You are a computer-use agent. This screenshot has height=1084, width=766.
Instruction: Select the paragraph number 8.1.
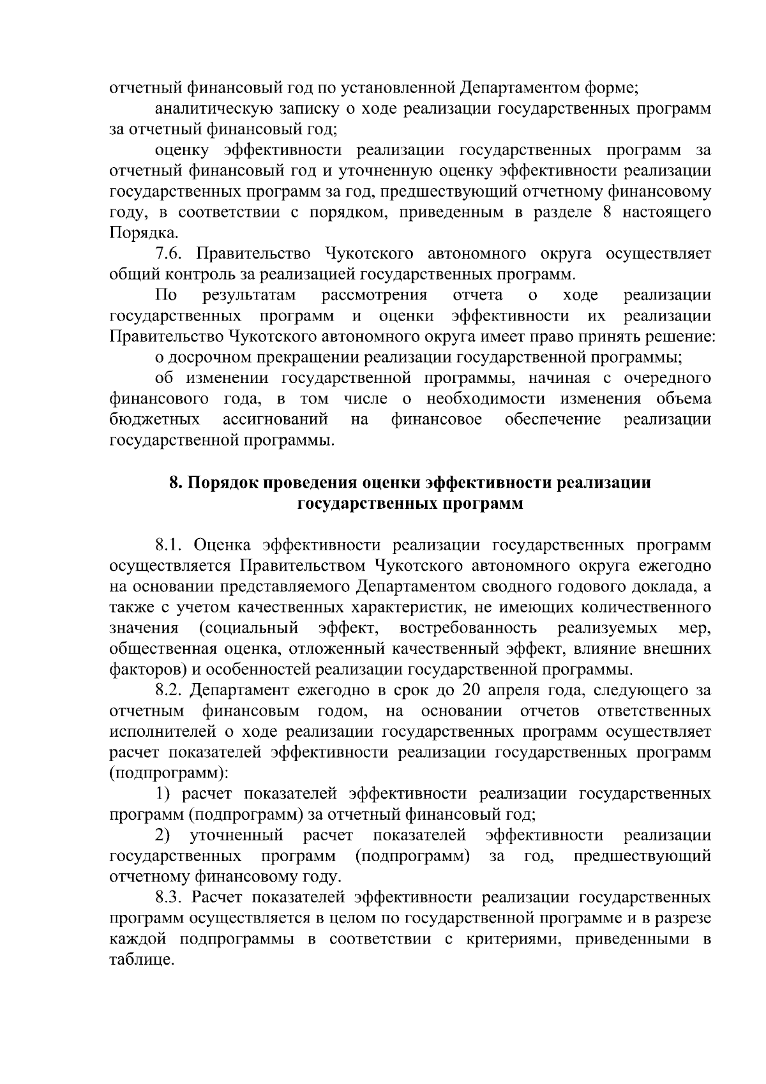[169, 545]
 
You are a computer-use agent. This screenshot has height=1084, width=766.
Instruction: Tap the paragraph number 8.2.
[169, 690]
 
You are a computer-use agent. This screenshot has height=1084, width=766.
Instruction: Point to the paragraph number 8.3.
[169, 898]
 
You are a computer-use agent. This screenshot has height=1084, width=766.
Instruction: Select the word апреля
[504, 691]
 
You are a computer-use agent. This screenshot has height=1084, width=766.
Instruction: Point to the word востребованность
[468, 628]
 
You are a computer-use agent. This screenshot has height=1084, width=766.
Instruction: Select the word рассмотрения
[374, 296]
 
